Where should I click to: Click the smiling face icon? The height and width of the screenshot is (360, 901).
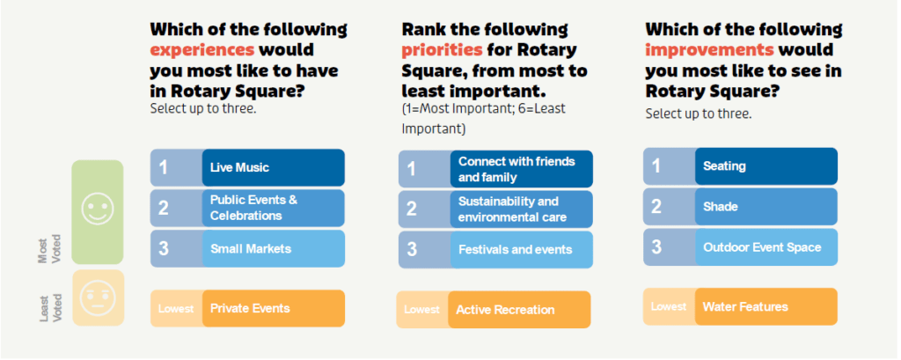pos(98,209)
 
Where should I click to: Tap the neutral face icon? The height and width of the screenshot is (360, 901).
pos(98,298)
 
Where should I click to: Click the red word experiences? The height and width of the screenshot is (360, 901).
pos(201,50)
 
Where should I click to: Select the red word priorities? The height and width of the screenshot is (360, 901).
pos(442,50)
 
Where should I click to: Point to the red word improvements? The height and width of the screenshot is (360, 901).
pos(710,50)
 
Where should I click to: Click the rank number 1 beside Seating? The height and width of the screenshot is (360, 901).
pos(656,166)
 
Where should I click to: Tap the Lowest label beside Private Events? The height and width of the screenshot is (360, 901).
pos(176,309)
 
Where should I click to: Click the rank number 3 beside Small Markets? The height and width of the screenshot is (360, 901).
pos(164,249)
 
